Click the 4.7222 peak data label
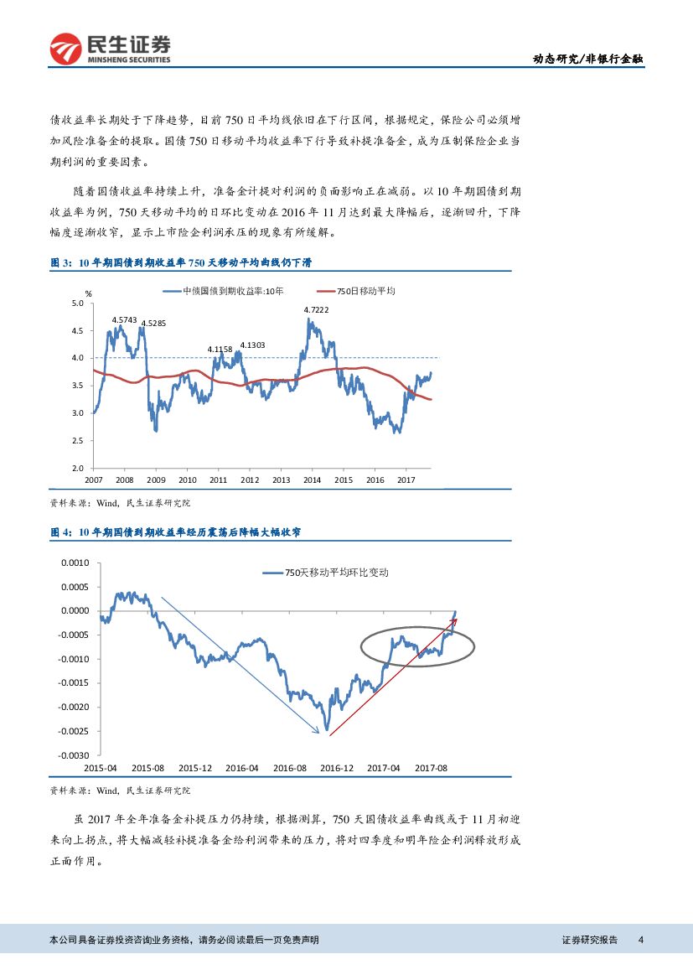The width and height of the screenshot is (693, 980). (316, 310)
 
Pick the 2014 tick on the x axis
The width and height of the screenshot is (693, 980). (313, 480)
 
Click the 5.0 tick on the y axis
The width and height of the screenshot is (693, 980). (78, 303)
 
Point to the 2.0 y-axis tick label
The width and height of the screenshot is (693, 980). (78, 468)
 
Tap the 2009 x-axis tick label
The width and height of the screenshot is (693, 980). (156, 480)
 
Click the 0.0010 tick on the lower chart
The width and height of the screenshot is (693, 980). (74, 563)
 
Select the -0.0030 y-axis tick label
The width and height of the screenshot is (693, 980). (72, 755)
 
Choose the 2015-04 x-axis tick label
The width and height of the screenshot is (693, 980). (100, 767)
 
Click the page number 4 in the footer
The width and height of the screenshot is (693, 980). (640, 940)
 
